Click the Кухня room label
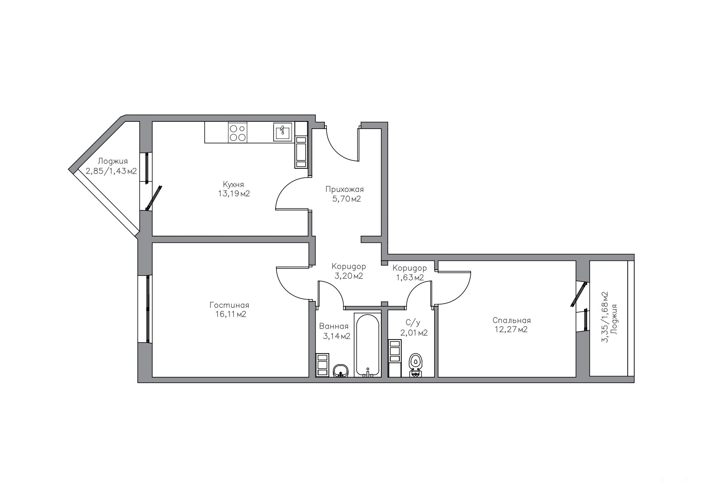click(x=233, y=184)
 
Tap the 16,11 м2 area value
click(x=230, y=314)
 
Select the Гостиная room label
click(x=230, y=305)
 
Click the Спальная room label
click(x=512, y=320)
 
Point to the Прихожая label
click(x=344, y=189)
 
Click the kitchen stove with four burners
click(x=237, y=133)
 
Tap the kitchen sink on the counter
click(x=283, y=132)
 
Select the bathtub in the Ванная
click(x=367, y=345)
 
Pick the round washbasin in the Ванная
click(x=341, y=371)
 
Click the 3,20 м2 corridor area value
click(x=349, y=276)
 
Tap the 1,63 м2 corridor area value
click(x=410, y=277)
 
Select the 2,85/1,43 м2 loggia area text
click(x=111, y=171)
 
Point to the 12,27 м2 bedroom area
click(x=512, y=329)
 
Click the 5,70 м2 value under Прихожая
click(x=346, y=198)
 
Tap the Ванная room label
click(x=334, y=327)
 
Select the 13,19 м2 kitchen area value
click(x=234, y=194)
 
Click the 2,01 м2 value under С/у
click(x=414, y=333)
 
